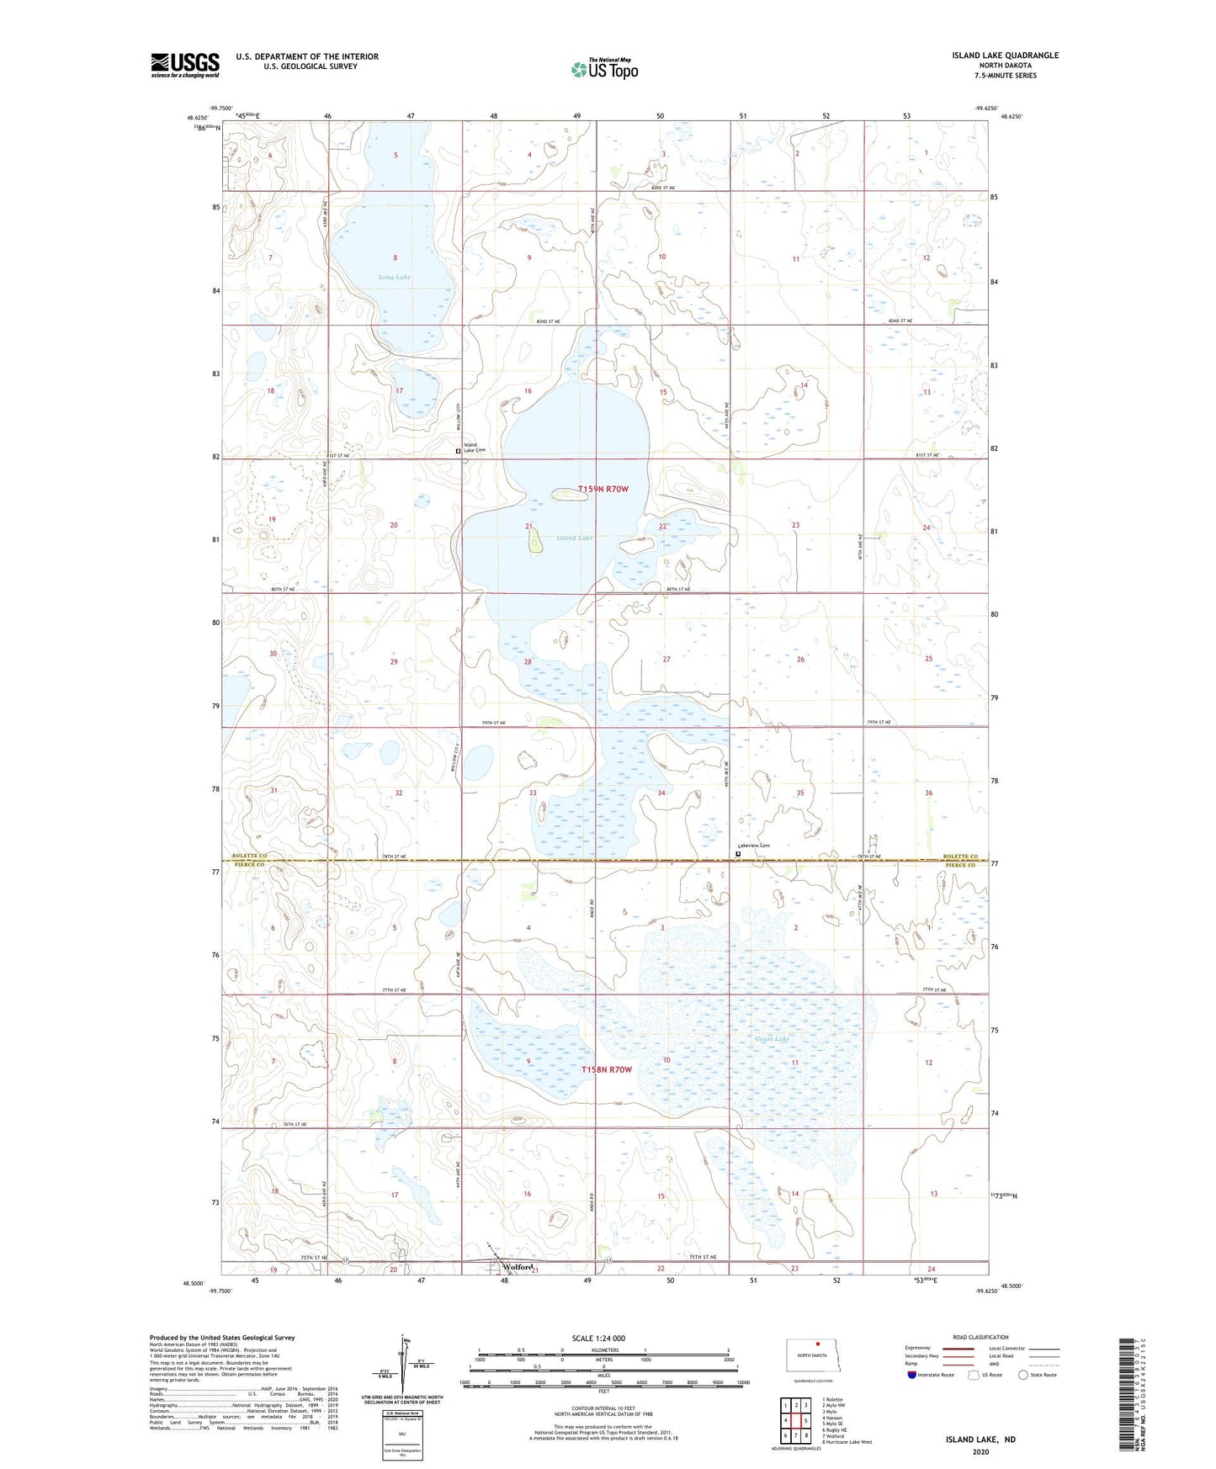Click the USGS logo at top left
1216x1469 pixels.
tap(185, 65)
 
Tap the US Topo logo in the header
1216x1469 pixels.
tap(604, 69)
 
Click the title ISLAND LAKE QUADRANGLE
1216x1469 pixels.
tap(1005, 56)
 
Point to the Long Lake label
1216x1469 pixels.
tap(394, 277)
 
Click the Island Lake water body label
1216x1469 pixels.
tap(575, 538)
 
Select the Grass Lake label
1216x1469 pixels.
tap(772, 1038)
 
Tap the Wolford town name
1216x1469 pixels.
tap(518, 1266)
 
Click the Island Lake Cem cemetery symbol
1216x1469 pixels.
tap(459, 451)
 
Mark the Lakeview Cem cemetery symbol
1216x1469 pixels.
tap(738, 854)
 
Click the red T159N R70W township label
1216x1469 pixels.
tap(603, 489)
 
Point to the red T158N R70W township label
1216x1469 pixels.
tap(606, 1069)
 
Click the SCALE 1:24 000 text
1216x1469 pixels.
tap(598, 1338)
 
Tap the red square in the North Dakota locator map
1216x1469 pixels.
tap(817, 1344)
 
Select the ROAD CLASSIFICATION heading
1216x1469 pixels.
tap(980, 1337)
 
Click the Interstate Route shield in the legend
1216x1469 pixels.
tap(911, 1375)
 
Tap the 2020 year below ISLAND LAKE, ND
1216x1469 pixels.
tap(980, 1451)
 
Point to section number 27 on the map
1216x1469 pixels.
tap(666, 660)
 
